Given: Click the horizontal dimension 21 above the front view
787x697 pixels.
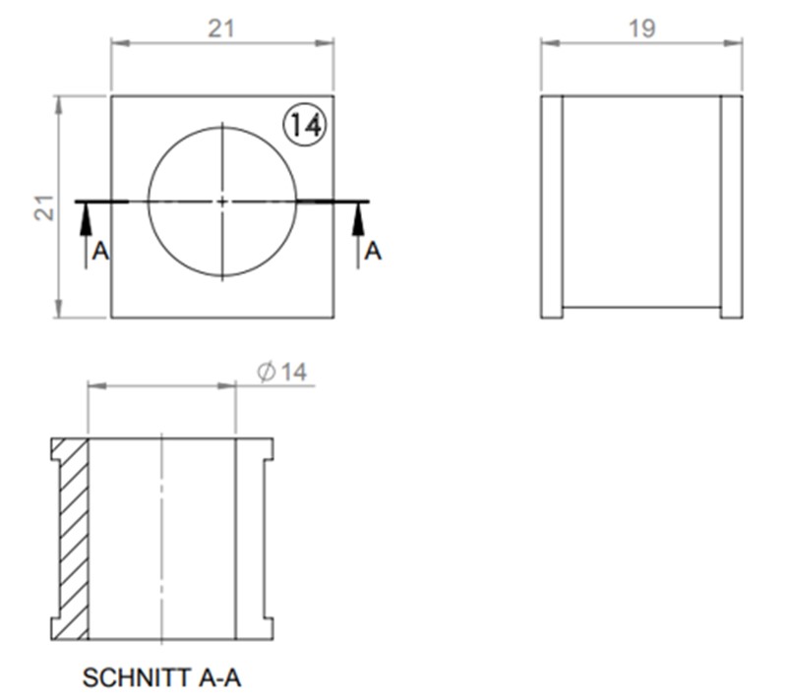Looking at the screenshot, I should tap(221, 29).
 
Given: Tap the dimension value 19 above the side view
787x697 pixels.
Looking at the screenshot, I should tap(641, 29).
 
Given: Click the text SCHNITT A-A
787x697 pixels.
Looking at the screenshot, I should tap(162, 678).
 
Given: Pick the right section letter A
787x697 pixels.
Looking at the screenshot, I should tap(373, 253).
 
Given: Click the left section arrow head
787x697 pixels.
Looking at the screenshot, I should tap(86, 219).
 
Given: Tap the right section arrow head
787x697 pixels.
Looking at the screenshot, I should tap(358, 219).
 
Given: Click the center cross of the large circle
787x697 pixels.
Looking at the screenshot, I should tap(222, 201).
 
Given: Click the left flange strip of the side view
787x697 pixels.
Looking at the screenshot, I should tap(552, 206).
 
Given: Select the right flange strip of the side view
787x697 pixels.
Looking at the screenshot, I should tap(731, 206).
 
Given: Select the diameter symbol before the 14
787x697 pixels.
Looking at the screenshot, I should tap(265, 372).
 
